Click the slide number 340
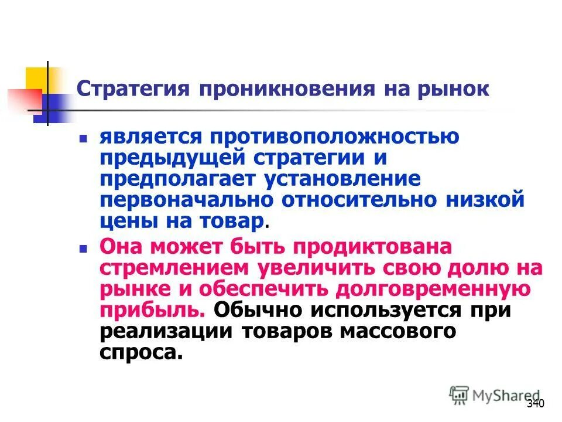coord(536,404)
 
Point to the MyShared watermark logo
coord(495,396)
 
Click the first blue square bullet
coord(83,141)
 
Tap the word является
coord(151,137)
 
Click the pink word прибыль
coord(151,310)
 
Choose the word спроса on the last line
coord(136,352)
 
